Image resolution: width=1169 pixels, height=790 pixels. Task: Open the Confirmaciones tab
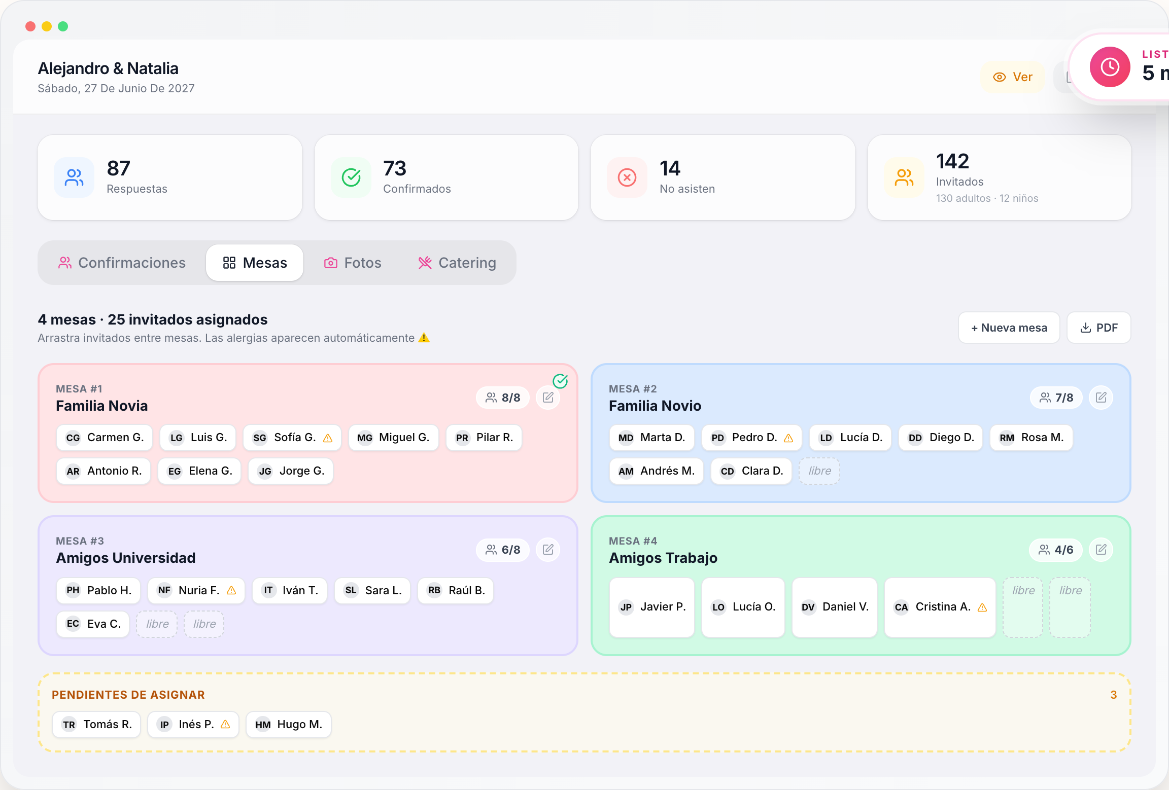point(122,263)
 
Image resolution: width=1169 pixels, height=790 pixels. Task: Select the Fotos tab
point(353,263)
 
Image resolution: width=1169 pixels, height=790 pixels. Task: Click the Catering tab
point(457,263)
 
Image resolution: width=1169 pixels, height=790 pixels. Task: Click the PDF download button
point(1099,328)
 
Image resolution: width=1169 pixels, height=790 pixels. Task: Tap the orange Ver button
point(1012,77)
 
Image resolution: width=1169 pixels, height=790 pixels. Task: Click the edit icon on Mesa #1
point(548,398)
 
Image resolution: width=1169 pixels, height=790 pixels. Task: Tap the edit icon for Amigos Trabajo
point(1101,550)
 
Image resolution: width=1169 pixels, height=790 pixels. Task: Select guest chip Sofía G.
point(292,438)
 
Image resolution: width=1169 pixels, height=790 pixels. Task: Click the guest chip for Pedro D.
point(751,438)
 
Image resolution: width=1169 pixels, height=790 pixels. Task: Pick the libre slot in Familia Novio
point(819,471)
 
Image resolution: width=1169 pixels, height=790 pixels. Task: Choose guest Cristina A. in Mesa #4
point(940,607)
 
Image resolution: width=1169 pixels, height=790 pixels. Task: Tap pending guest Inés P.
point(193,725)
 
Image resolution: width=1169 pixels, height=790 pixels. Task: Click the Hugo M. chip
point(288,725)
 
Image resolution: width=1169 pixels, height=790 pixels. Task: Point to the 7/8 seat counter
point(1056,398)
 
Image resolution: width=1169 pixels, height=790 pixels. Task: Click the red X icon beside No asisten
point(627,177)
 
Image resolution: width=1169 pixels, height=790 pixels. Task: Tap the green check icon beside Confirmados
point(351,177)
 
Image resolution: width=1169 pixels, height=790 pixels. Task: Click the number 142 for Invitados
point(953,161)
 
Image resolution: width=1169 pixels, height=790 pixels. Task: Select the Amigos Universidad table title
point(126,558)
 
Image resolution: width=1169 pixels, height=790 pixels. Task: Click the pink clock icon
point(1110,67)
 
